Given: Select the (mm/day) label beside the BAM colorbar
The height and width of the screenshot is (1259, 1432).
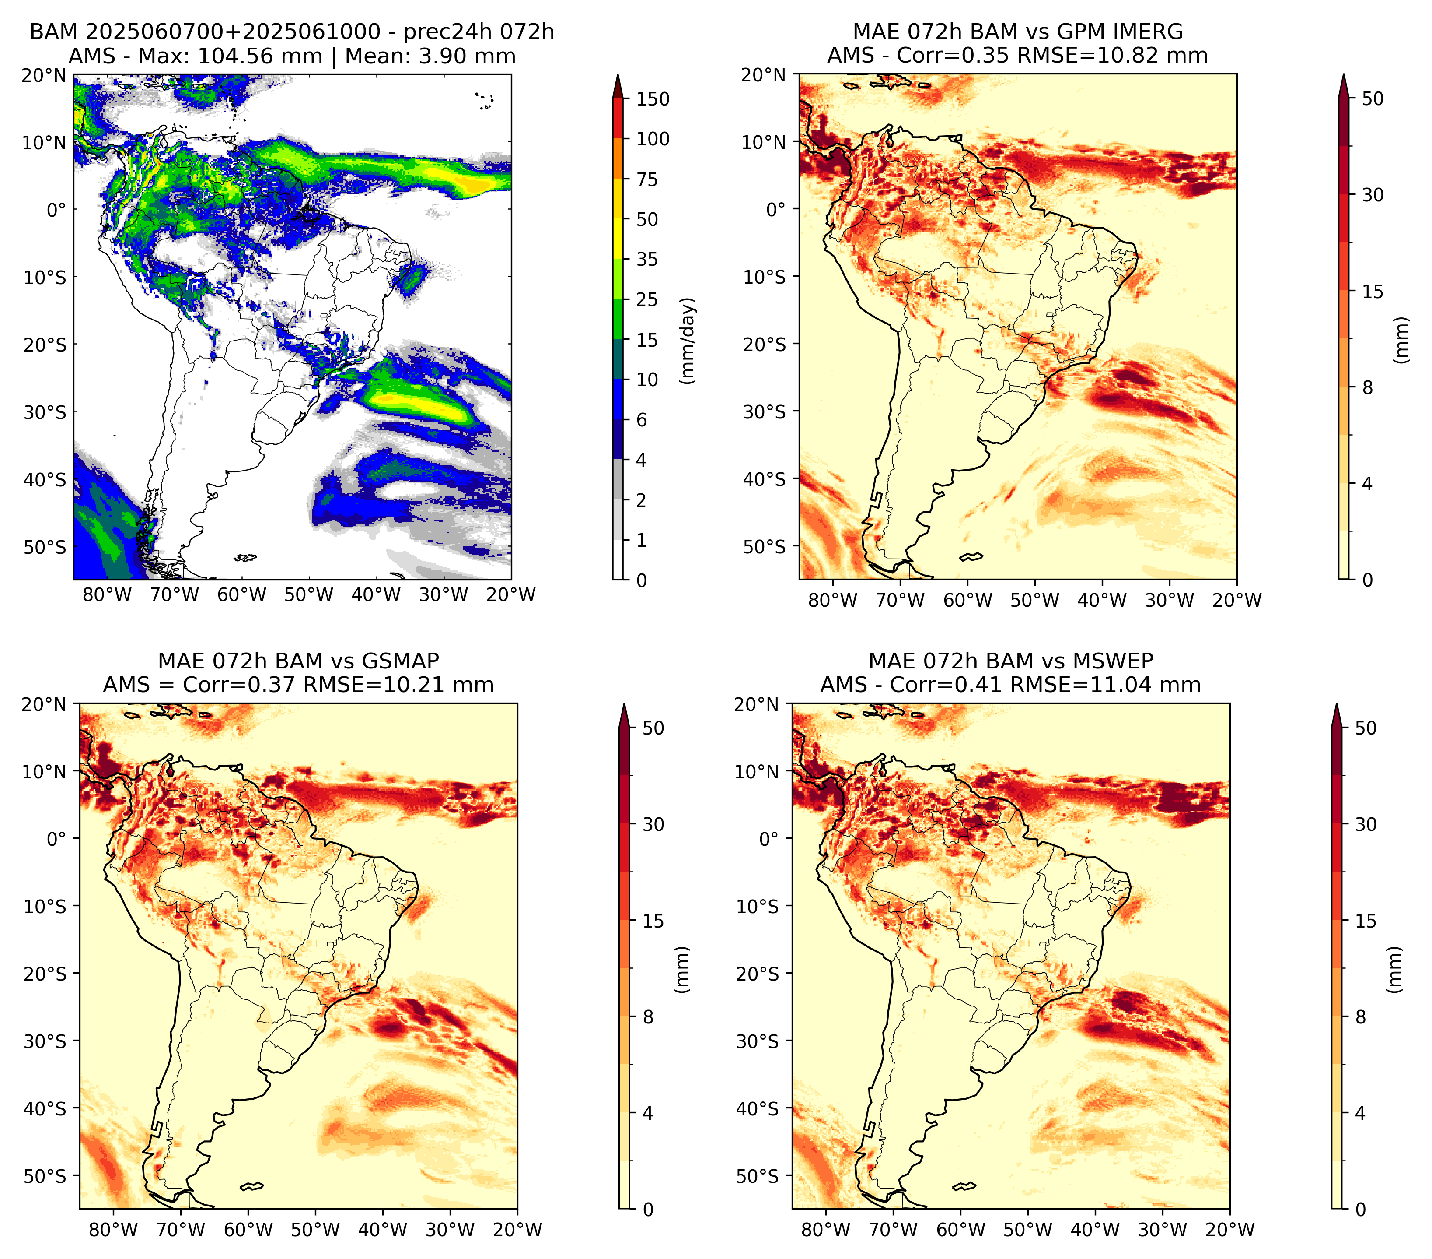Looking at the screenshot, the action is (689, 341).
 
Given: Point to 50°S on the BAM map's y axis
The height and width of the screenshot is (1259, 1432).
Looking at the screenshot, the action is (45, 547).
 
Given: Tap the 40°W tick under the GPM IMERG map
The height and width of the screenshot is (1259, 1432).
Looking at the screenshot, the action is (1102, 600).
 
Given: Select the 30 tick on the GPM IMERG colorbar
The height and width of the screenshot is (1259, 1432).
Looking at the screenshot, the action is (1373, 194).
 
